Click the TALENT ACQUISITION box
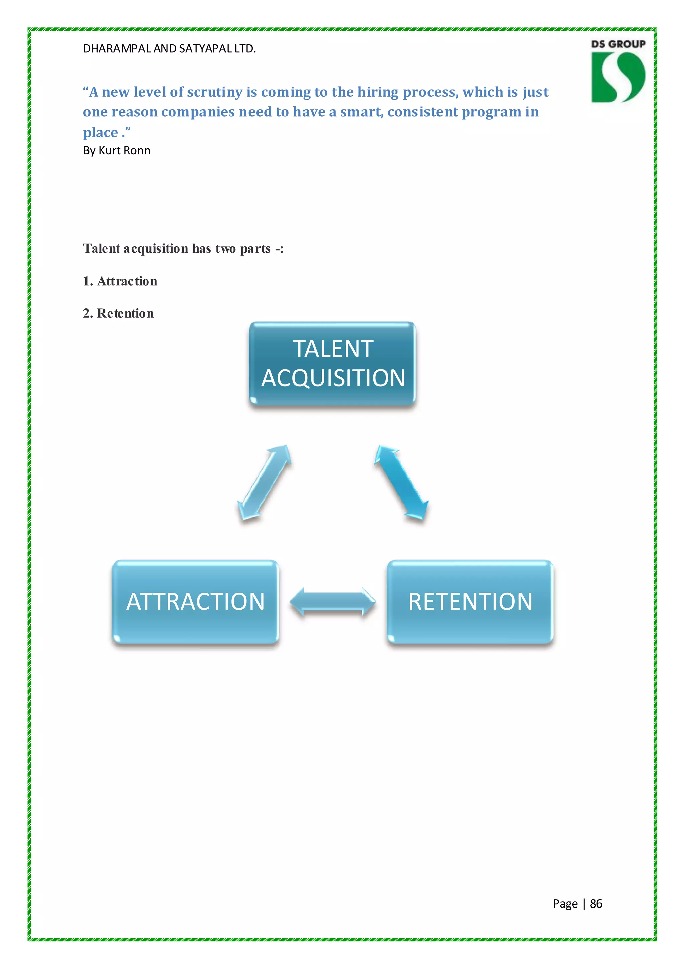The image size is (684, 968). point(332,363)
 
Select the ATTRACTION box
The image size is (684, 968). point(195,602)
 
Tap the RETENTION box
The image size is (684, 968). point(470,602)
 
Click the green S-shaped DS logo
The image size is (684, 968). point(618,77)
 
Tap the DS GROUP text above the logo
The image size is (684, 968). point(618,44)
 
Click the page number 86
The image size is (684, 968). point(595,903)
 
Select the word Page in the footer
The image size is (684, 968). point(565,903)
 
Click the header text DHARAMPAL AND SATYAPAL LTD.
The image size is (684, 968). point(169,49)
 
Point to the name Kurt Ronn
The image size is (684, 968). point(124,150)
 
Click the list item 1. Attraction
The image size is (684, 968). point(120,281)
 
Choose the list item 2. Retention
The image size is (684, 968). point(118,313)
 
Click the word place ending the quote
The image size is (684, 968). point(100,133)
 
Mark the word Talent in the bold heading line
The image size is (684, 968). point(102,249)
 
